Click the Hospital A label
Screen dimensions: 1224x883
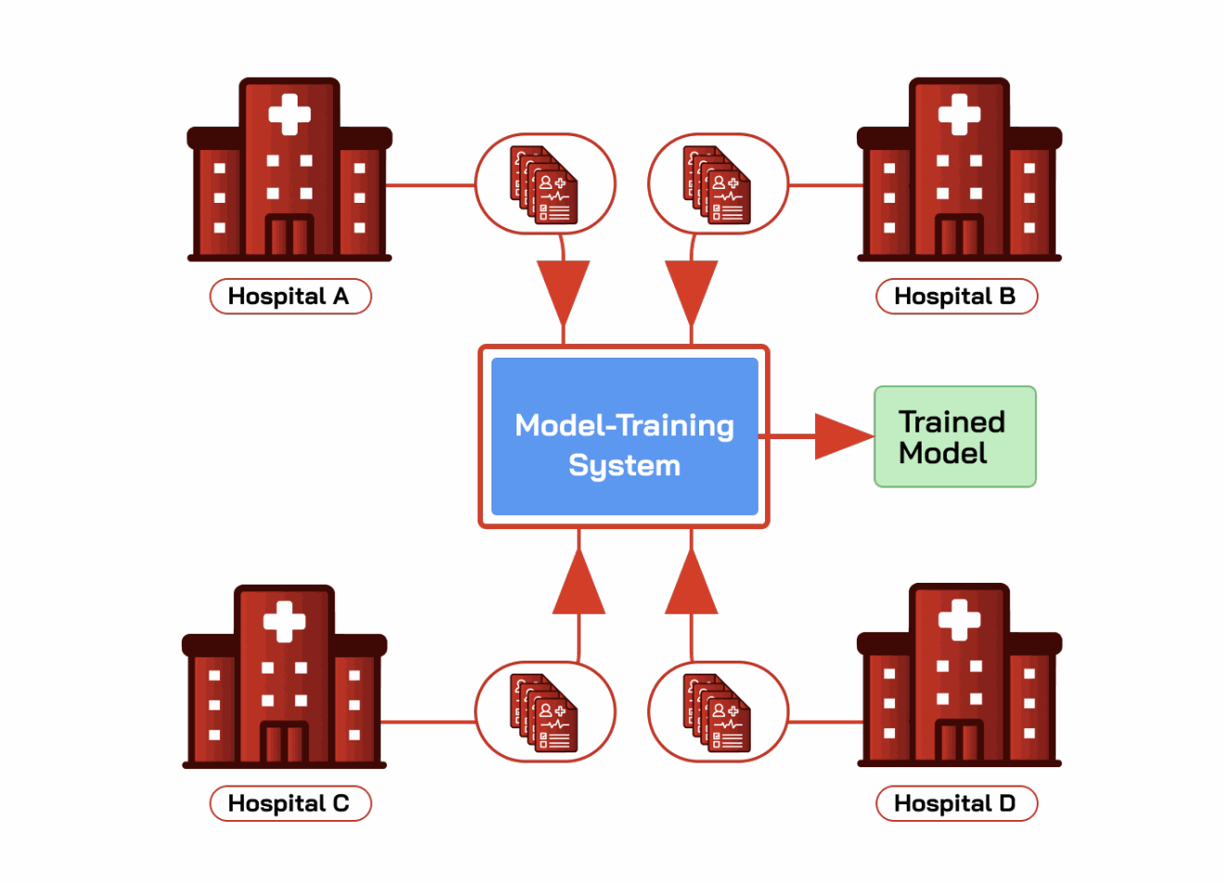pyautogui.click(x=290, y=296)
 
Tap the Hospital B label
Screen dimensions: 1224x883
pyautogui.click(x=956, y=296)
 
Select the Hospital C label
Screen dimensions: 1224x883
pyautogui.click(x=290, y=803)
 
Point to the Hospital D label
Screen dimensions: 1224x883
pyautogui.click(x=956, y=803)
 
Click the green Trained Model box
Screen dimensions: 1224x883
pyautogui.click(x=954, y=436)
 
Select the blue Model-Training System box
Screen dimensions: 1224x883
pyautogui.click(x=625, y=436)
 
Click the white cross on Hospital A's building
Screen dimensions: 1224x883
pyautogui.click(x=289, y=114)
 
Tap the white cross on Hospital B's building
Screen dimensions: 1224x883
pyautogui.click(x=959, y=114)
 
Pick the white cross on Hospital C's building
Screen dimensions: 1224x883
pyautogui.click(x=284, y=622)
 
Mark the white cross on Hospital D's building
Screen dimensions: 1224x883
pyautogui.click(x=959, y=620)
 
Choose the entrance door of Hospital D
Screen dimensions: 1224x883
pyautogui.click(x=959, y=740)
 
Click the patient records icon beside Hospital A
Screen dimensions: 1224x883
pyautogui.click(x=543, y=184)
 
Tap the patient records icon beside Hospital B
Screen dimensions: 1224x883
pyautogui.click(x=717, y=184)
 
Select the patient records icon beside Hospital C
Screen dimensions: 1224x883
pyautogui.click(x=543, y=713)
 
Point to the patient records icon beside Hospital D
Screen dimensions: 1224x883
pyautogui.click(x=717, y=713)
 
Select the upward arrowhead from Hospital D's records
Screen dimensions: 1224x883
pyautogui.click(x=691, y=581)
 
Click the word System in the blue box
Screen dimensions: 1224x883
pyautogui.click(x=625, y=466)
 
